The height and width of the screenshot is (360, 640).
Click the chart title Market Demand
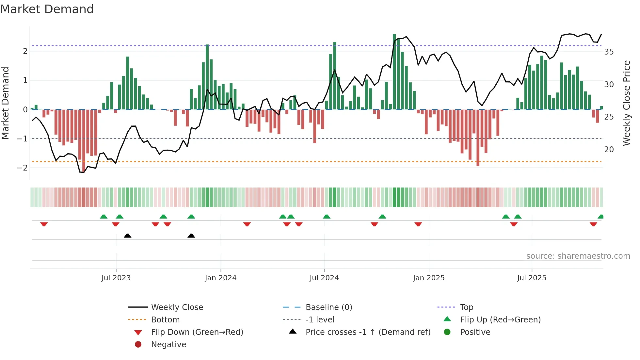47,9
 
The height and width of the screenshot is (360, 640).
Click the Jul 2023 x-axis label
116,278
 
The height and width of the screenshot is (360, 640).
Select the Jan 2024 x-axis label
220,278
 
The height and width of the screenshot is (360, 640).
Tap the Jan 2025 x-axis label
428,278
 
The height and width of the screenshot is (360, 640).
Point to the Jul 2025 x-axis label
532,278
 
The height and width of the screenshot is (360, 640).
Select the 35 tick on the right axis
609,52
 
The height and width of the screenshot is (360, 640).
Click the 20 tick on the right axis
609,150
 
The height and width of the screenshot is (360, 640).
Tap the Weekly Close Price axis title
626,103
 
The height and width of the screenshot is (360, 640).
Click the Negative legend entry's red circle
138,345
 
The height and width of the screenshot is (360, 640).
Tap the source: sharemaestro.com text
578,256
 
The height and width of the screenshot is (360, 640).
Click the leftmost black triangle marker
128,236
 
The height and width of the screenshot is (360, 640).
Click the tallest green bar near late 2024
394,72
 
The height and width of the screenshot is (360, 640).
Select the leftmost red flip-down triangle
44,224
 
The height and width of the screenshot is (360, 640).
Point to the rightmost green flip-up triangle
600,217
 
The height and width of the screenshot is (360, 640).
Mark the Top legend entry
466,307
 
